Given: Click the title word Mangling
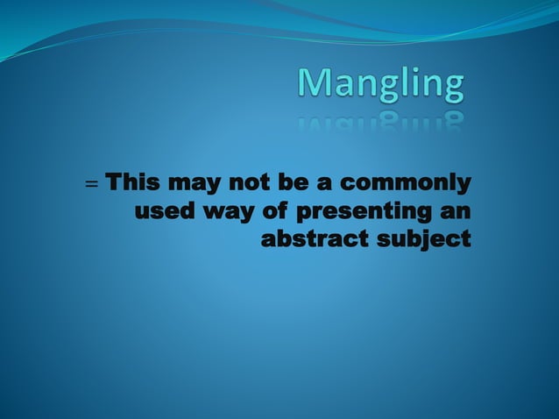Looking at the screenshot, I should (x=381, y=86).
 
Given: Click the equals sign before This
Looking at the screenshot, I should (x=90, y=186).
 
